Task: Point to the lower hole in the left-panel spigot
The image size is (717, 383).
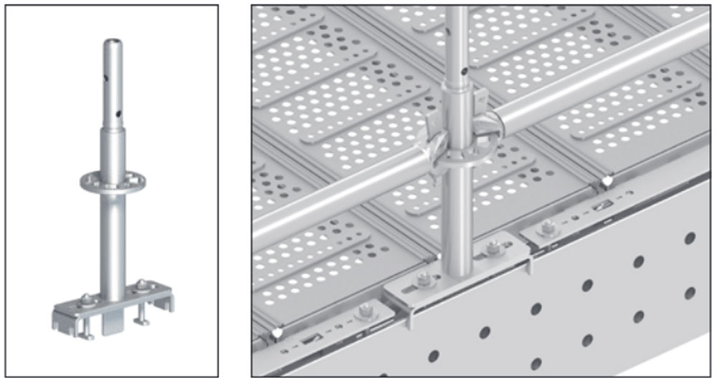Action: (115, 112)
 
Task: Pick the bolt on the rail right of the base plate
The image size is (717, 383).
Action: (548, 228)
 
